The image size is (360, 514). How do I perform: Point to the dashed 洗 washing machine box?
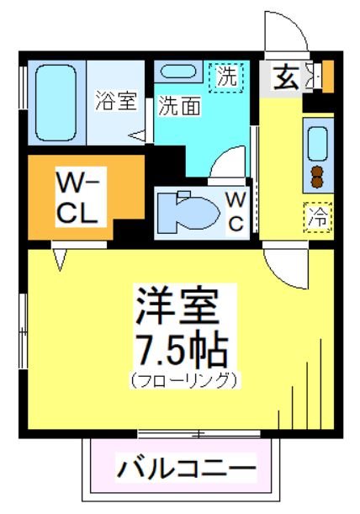[227, 77]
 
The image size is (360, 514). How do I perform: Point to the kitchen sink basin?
[319, 142]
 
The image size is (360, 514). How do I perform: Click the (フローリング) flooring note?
[183, 379]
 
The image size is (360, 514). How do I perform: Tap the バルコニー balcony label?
[186, 466]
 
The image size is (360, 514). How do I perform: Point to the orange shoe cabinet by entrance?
[328, 76]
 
